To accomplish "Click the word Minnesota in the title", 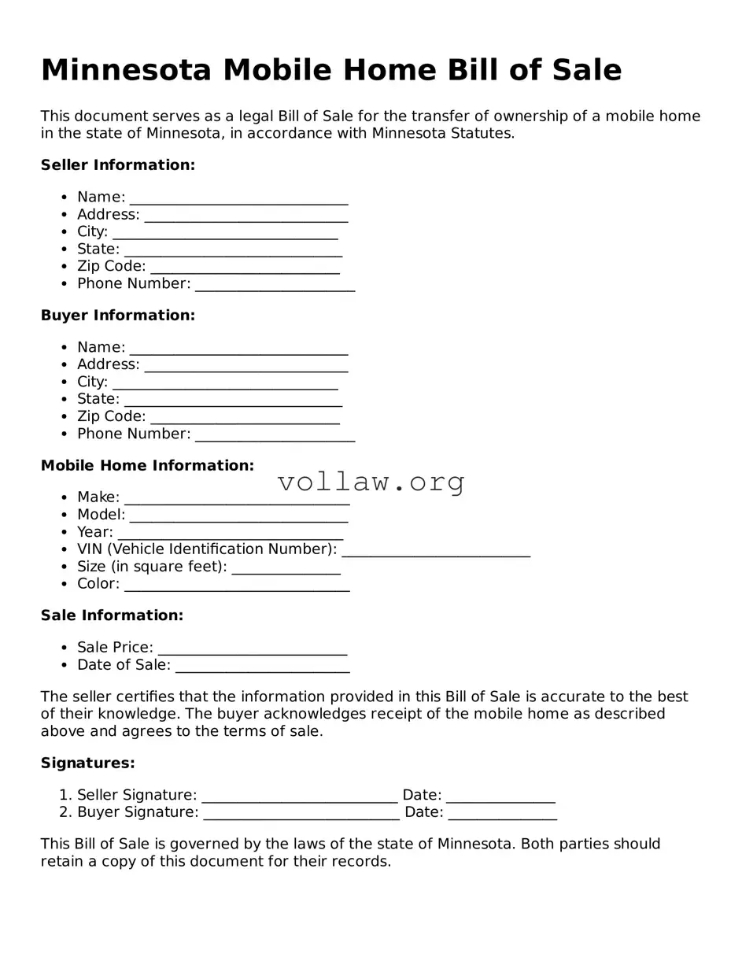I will click(x=126, y=70).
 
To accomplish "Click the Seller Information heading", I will click(x=117, y=165).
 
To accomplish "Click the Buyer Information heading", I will click(x=117, y=316).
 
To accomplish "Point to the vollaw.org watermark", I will click(x=371, y=482).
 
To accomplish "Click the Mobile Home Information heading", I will click(x=147, y=466).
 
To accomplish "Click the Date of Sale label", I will click(x=124, y=665).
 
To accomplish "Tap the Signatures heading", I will click(x=87, y=763).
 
